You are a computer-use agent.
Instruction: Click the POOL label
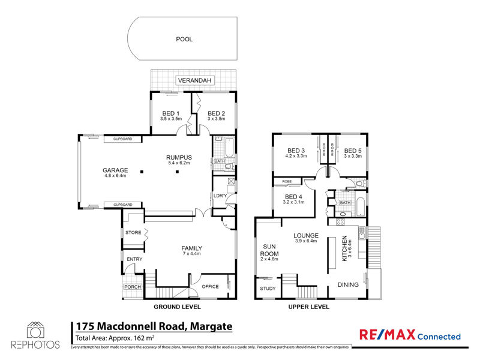click(184, 39)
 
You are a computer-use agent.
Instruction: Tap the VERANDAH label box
click(194, 80)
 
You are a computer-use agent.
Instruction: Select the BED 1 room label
click(171, 113)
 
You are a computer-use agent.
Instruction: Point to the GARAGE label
click(115, 170)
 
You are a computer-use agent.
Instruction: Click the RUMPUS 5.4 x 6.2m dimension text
click(179, 163)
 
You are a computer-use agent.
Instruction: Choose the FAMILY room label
click(191, 248)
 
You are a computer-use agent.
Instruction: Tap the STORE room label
click(133, 232)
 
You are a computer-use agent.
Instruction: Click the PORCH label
click(133, 287)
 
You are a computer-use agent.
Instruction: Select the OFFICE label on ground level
click(210, 287)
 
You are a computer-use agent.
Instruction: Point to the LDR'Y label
click(220, 196)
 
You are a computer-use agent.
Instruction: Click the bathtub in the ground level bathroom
click(229, 148)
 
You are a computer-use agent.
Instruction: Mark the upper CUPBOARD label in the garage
click(123, 139)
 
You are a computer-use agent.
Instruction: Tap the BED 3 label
click(296, 151)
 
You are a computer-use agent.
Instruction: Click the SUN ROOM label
click(269, 250)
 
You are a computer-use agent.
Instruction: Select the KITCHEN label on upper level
click(344, 248)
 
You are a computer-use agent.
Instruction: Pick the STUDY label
click(268, 289)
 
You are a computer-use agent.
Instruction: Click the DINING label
click(348, 284)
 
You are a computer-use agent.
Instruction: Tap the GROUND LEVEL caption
click(177, 307)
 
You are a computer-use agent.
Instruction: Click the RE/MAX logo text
click(387, 335)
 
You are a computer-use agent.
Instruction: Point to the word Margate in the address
click(211, 326)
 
